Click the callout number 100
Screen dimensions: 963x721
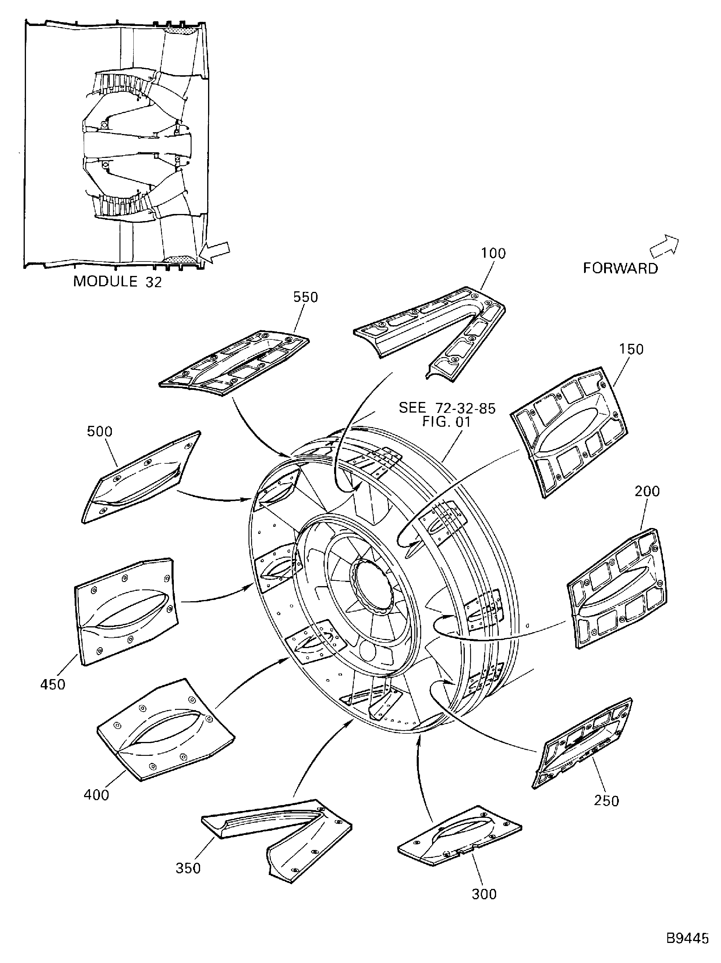tap(493, 254)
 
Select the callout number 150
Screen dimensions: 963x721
tap(631, 349)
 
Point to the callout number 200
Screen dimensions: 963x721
tap(647, 491)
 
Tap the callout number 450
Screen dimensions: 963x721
tap(53, 684)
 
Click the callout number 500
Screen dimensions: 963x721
tap(100, 431)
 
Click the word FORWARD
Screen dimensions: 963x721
tap(620, 268)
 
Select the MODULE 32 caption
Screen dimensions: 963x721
tap(117, 282)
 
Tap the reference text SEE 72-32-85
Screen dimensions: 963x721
tap(447, 408)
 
